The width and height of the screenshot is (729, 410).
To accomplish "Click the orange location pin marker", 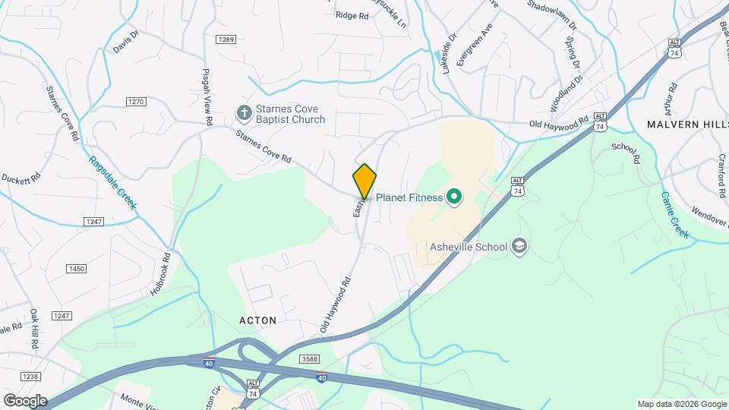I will [x=364, y=181].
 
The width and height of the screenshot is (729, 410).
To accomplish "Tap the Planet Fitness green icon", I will [x=454, y=198].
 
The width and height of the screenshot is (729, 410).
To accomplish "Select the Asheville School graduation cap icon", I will [x=519, y=246].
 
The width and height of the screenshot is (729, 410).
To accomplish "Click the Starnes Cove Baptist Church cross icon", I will [x=244, y=114].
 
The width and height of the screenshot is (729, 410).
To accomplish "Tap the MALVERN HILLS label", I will [x=686, y=123].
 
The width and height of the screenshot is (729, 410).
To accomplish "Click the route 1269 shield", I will [x=225, y=39].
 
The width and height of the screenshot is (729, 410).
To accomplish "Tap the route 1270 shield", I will [x=136, y=101].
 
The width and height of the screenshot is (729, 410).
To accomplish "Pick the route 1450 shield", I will [x=76, y=269].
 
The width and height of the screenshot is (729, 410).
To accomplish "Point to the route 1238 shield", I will [x=30, y=376].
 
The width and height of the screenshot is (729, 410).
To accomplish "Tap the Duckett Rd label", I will [x=21, y=181].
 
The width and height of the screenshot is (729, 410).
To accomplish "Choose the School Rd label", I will [x=626, y=152].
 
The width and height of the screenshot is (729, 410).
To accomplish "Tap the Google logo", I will [x=24, y=400].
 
